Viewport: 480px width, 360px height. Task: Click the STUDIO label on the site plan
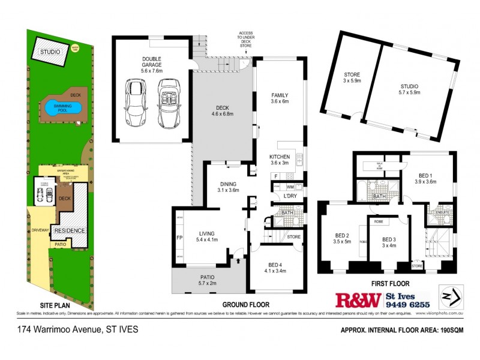click(50, 52)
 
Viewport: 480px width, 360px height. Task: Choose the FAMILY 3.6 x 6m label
click(279, 98)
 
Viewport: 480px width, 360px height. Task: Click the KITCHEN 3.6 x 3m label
click(279, 160)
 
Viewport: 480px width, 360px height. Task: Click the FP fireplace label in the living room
click(179, 238)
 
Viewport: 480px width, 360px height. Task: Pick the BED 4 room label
click(276, 267)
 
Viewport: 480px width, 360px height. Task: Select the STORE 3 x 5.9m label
click(352, 77)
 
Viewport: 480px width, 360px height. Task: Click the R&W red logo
click(358, 299)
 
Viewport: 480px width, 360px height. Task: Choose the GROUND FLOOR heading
click(245, 304)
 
